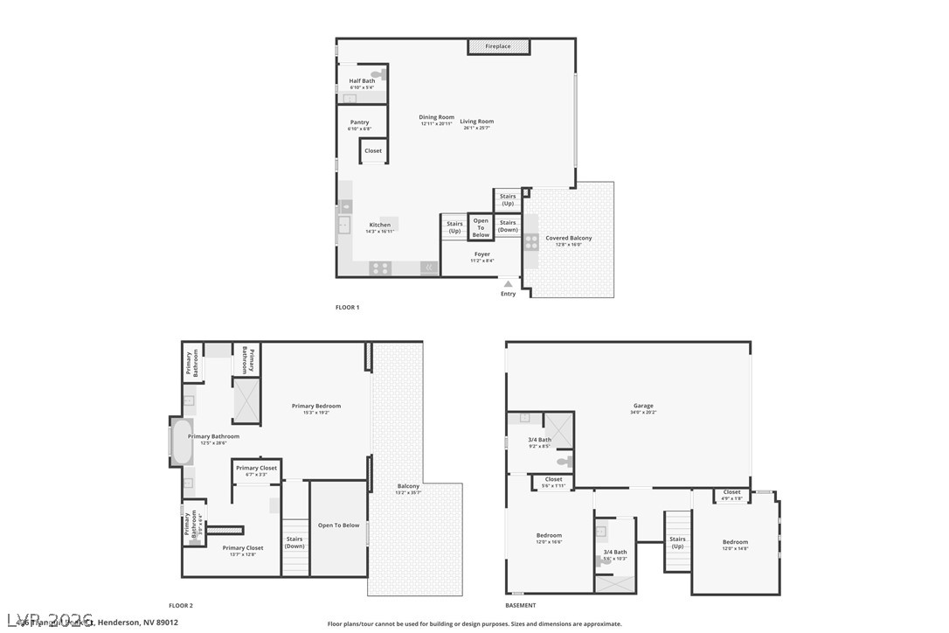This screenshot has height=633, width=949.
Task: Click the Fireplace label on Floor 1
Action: [498, 46]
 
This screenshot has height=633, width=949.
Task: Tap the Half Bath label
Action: [362, 81]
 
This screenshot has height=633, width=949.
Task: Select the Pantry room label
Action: [359, 122]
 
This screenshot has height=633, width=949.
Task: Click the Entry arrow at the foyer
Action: [508, 284]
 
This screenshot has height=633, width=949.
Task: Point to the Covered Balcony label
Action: [568, 239]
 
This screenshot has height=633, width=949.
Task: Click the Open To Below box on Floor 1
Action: [481, 227]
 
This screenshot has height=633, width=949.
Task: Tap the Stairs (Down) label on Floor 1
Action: [508, 226]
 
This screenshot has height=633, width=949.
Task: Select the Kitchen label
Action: [380, 226]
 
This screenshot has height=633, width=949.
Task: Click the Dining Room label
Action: [436, 118]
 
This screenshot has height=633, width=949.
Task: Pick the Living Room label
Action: [477, 122]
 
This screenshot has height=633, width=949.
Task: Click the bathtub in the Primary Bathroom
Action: [181, 443]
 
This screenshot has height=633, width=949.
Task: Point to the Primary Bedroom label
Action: [315, 407]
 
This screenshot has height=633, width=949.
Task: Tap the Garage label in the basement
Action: [643, 407]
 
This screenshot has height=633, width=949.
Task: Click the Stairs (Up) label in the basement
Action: [677, 543]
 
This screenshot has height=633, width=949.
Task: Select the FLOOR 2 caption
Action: [181, 605]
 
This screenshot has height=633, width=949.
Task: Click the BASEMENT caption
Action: [521, 605]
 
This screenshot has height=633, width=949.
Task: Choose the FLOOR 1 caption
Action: [347, 308]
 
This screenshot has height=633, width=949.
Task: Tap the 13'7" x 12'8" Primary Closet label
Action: [242, 549]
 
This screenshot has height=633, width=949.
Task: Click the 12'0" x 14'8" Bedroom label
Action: [735, 543]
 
